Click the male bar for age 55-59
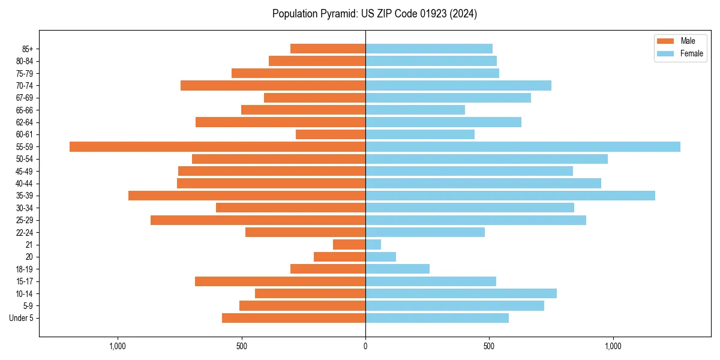[217, 146]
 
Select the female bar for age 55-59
[523, 146]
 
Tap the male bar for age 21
[349, 244]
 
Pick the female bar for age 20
[380, 257]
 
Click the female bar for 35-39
[510, 196]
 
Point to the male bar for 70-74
[273, 85]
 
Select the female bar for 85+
[429, 49]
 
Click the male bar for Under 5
[293, 318]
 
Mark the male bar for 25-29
[258, 220]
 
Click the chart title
[374, 14]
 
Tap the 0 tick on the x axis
[365, 346]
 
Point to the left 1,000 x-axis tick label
[118, 346]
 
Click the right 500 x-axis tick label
[489, 346]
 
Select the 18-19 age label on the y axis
[25, 269]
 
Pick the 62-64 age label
[25, 122]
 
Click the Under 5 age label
[22, 318]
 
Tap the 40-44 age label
[25, 183]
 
